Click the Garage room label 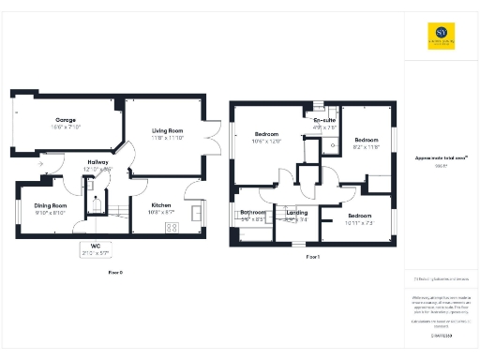click(66, 120)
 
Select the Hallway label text click(98, 162)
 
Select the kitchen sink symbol click(196, 214)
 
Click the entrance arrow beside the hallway click(42, 165)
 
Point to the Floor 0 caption click(115, 272)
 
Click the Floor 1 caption click(313, 256)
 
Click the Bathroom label click(253, 213)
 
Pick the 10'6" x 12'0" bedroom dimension click(267, 142)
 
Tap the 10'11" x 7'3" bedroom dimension click(360, 222)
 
